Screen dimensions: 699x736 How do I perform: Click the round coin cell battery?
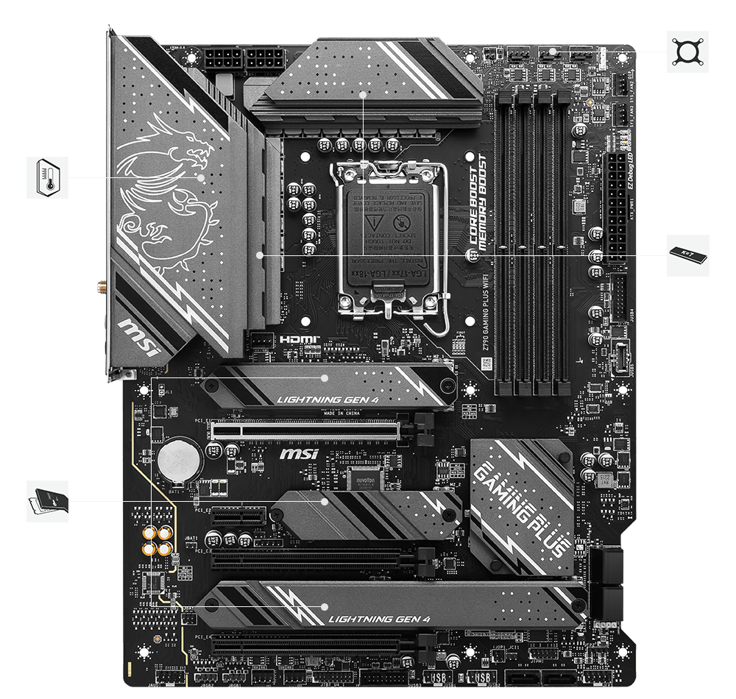[178, 460]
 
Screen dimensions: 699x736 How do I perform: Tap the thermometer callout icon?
[47, 177]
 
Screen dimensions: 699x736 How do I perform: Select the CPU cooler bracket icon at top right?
[687, 52]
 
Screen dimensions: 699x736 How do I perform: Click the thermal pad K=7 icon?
[687, 255]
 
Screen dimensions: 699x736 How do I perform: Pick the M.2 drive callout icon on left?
[47, 501]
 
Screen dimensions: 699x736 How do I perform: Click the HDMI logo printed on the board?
[299, 340]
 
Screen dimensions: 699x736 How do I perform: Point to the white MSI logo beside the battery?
[298, 454]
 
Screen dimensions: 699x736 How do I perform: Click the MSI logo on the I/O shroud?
[139, 335]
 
